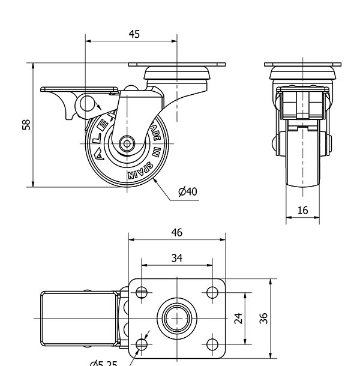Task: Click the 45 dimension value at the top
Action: coord(134,34)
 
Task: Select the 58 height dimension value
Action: coord(26,125)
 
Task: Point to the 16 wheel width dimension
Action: coord(302,210)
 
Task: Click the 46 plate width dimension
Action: coord(176,232)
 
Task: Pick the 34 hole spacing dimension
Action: coord(176,258)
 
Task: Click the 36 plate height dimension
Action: coord(262,318)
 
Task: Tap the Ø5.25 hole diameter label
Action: coord(103,362)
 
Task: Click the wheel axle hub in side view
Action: coord(127,144)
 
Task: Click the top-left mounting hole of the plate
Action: coord(142,292)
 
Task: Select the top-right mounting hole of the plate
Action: coord(212,292)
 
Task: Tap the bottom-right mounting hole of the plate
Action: coord(212,344)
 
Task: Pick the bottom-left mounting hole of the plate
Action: coord(142,344)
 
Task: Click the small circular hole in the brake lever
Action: coord(88,104)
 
